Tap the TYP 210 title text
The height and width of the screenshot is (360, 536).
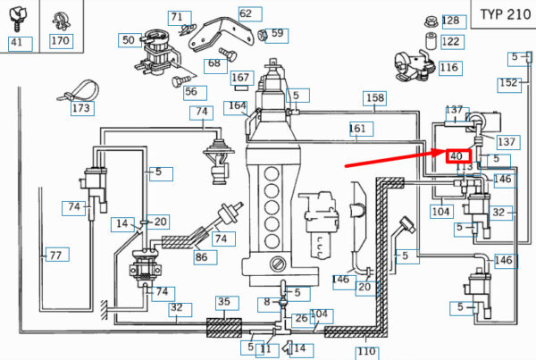(506, 14)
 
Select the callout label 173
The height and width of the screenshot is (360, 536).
(81, 108)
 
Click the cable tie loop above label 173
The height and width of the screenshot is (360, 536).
(79, 90)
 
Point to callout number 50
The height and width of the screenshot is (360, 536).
(128, 40)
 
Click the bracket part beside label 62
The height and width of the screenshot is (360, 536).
(221, 35)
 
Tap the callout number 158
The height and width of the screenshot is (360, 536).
(375, 98)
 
